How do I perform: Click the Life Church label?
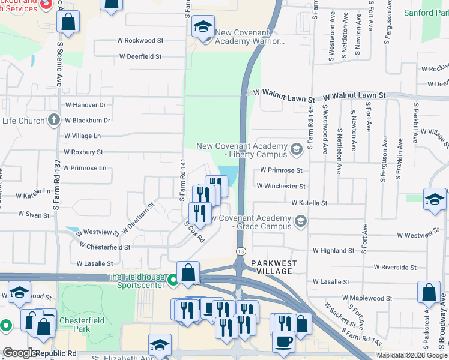pyautogui.click(x=23, y=121)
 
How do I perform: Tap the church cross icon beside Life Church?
pyautogui.click(x=53, y=120)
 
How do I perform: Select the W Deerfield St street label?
pyautogui.click(x=140, y=56)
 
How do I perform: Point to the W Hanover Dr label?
pyautogui.click(x=85, y=105)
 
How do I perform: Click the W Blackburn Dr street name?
pyautogui.click(x=87, y=120)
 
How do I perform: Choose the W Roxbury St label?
pyautogui.click(x=83, y=152)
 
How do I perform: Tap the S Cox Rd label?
pyautogui.click(x=195, y=230)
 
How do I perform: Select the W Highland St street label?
pyautogui.click(x=333, y=250)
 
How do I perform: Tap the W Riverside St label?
pyautogui.click(x=394, y=267)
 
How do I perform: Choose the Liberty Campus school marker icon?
pyautogui.click(x=296, y=148)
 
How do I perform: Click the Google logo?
pyautogui.click(x=20, y=353)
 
